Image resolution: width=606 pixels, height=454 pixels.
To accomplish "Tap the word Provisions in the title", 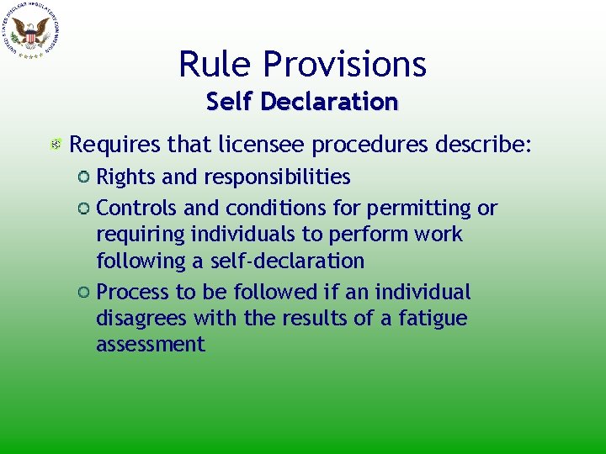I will pyautogui.click(x=345, y=64).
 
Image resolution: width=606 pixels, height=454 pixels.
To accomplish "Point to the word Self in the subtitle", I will pyautogui.click(x=230, y=102).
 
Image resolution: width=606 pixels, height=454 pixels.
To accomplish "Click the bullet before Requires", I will pyautogui.click(x=56, y=145).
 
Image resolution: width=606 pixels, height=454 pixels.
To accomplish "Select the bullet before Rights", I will pyautogui.click(x=84, y=177).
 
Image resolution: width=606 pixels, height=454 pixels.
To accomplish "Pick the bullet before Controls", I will pyautogui.click(x=84, y=208).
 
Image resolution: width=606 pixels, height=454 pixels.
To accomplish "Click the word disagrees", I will pyautogui.click(x=141, y=319).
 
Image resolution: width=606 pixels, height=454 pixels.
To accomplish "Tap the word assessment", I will pyautogui.click(x=150, y=345).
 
